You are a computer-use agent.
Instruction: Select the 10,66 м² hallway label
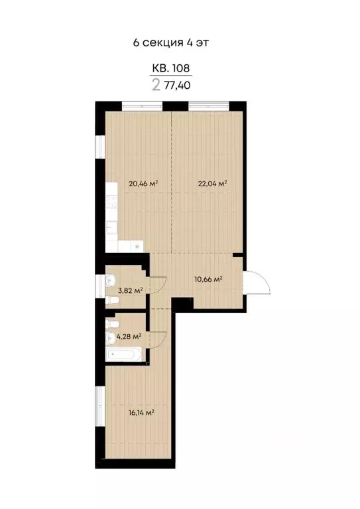[208, 280]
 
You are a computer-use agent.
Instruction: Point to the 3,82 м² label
[130, 290]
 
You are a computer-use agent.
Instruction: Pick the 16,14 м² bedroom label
[141, 412]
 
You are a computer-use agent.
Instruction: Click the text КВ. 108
[172, 68]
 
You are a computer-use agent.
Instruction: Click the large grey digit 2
[156, 85]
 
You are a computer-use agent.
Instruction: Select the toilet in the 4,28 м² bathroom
[112, 324]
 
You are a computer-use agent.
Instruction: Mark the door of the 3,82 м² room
[158, 284]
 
